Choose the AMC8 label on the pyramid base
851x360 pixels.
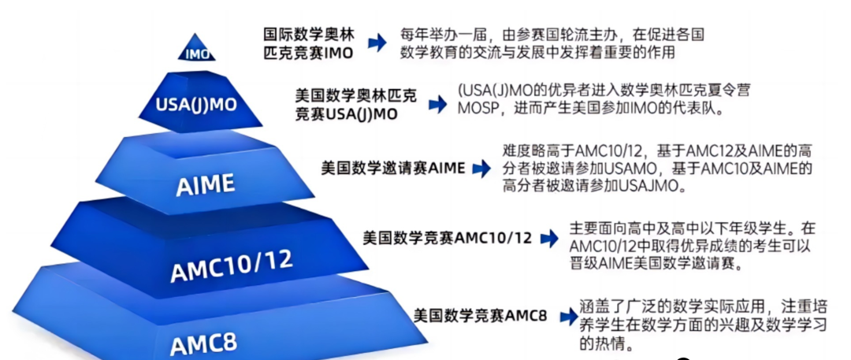coord(204,344)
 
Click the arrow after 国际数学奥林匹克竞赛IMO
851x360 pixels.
coord(378,44)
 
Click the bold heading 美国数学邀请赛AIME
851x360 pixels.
coord(392,168)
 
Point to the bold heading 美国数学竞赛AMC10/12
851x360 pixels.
coord(447,237)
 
